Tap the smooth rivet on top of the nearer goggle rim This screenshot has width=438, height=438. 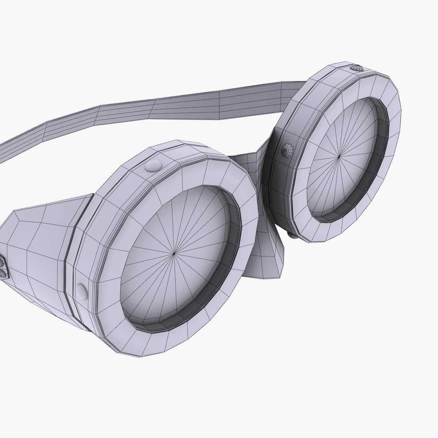153,166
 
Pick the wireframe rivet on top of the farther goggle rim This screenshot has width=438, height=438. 356,68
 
